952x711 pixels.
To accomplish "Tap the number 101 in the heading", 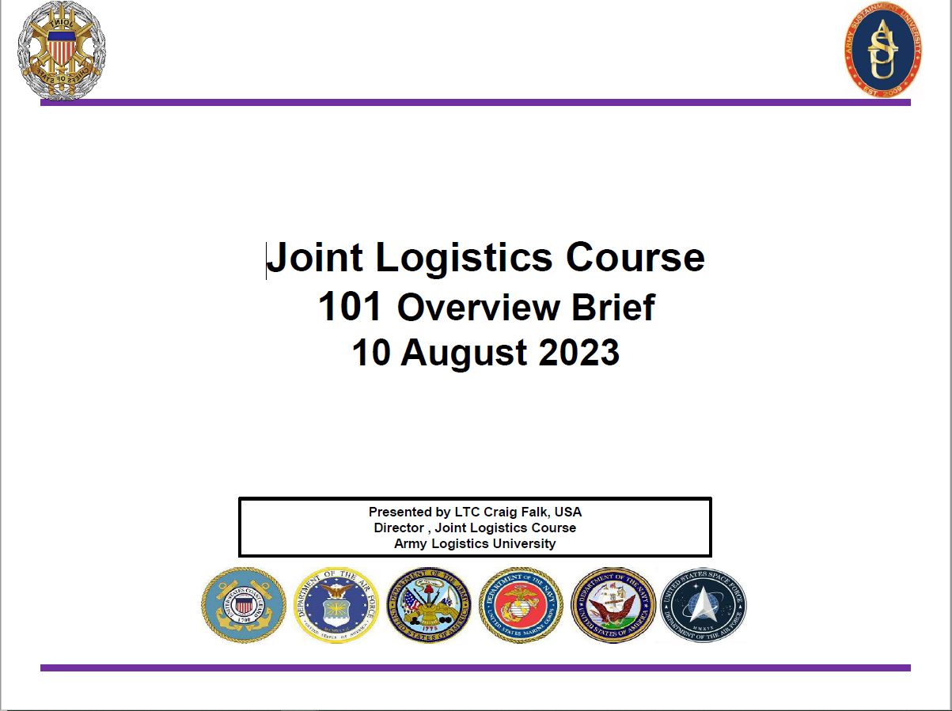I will (x=351, y=307).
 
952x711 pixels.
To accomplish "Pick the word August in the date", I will (x=465, y=353).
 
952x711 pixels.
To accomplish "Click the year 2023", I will (x=578, y=353).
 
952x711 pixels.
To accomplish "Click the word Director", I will (x=400, y=528).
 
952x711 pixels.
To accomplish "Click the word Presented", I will (x=400, y=512).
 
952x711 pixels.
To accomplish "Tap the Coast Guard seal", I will (x=244, y=605).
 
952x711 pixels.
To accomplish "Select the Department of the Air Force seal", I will (x=336, y=605).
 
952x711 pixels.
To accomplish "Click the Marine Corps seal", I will (x=521, y=605).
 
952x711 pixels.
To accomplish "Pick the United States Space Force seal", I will (x=703, y=605).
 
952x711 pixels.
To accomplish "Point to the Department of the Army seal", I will (x=428, y=605).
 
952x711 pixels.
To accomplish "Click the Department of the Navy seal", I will (x=613, y=605).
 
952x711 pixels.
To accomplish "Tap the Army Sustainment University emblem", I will (x=882, y=49).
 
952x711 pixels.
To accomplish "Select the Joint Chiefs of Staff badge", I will (x=62, y=50).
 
